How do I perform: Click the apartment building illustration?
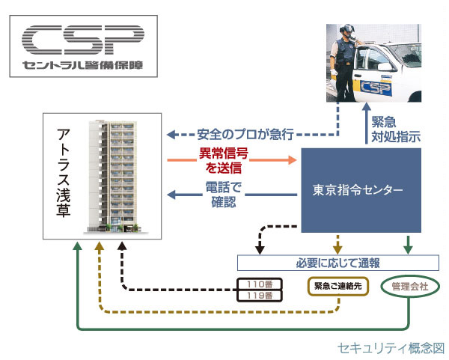coord(112,177)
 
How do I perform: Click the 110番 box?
coord(258,284)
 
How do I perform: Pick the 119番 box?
coord(258,296)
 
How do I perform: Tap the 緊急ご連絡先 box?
coord(337,286)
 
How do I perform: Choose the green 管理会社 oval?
coord(409,286)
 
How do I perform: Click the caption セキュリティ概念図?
coord(391,348)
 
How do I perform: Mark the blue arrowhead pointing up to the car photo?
coord(367,116)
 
